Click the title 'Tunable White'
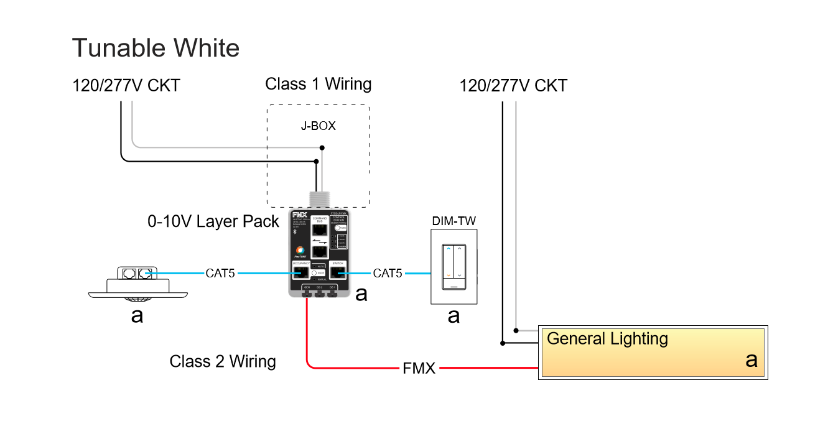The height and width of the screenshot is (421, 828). (x=156, y=48)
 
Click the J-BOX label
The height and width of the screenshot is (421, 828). (x=319, y=126)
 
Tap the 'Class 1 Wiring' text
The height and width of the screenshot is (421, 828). (x=318, y=84)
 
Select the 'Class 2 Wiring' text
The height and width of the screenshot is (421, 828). (x=223, y=361)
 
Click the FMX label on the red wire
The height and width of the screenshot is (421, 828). (x=419, y=368)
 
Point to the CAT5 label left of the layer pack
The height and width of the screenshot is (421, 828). (x=220, y=273)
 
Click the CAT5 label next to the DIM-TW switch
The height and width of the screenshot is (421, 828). (x=388, y=273)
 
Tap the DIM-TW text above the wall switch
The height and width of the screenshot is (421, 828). (x=454, y=221)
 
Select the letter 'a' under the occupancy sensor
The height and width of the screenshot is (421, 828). (x=137, y=315)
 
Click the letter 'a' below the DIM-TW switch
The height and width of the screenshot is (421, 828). (x=454, y=315)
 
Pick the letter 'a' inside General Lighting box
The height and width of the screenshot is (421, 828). (x=751, y=359)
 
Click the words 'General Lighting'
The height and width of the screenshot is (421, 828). (x=607, y=339)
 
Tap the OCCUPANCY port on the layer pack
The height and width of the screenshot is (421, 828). (x=300, y=272)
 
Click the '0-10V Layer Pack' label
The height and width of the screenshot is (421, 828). (x=213, y=221)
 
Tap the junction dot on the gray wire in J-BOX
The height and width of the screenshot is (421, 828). (x=322, y=148)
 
